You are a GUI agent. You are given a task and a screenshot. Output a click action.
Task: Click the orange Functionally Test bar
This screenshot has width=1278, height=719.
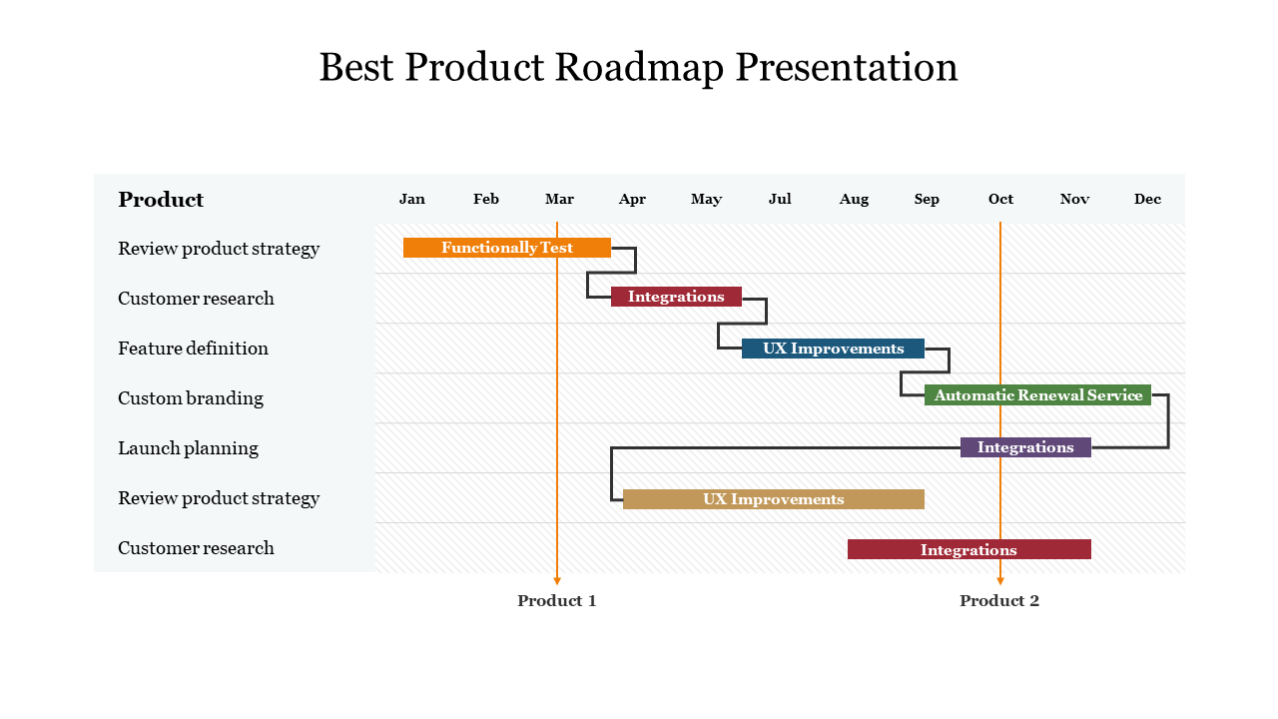point(506,248)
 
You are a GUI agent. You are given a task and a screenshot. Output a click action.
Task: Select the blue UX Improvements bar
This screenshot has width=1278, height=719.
point(833,349)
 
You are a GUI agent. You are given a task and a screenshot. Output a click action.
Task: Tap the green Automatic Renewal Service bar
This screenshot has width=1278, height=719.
point(1037,395)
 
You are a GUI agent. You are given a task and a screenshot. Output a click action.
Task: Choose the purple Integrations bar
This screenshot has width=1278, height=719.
point(1025,447)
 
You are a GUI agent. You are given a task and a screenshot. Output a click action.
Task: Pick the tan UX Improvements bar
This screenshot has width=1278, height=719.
point(773,499)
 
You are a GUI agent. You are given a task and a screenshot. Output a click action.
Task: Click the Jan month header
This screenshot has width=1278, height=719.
point(412,199)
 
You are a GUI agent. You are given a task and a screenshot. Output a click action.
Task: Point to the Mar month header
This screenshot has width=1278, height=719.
point(559,199)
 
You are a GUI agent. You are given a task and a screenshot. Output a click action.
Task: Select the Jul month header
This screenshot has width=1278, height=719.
point(780,199)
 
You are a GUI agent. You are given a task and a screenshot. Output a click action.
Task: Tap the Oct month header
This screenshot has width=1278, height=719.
point(1000,199)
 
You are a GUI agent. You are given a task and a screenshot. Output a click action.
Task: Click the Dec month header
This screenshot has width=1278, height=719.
point(1147,199)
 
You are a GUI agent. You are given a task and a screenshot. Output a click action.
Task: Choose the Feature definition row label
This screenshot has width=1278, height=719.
point(193,349)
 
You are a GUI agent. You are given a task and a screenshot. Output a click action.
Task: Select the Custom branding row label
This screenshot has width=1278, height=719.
point(191,398)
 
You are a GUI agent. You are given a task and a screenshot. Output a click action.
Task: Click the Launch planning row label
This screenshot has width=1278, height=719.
point(188,448)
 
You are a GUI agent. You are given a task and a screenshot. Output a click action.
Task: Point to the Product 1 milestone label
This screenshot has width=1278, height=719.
point(557,600)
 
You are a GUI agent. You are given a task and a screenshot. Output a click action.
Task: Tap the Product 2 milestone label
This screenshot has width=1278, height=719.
point(999,600)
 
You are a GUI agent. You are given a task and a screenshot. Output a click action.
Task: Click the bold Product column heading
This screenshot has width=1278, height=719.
point(161,200)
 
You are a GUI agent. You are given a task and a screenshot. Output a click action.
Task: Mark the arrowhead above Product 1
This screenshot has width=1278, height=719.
point(557,580)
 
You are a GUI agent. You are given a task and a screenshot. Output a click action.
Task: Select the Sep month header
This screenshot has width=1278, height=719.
point(927,199)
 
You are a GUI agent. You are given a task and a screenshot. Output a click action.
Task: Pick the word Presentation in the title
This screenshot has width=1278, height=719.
point(847,67)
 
